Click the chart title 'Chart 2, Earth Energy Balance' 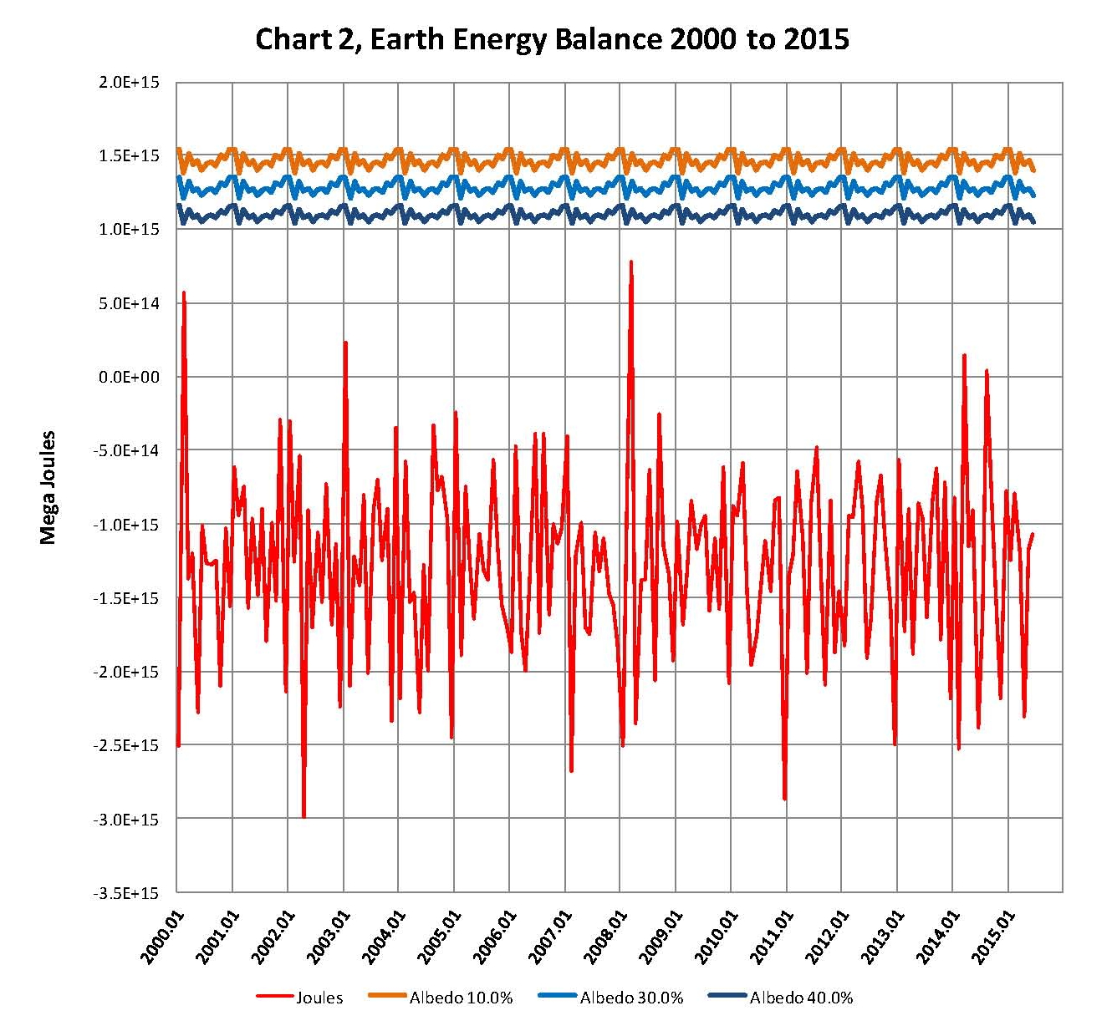[x=552, y=39]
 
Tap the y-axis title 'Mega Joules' [x=48, y=487]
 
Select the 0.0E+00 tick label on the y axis [x=129, y=377]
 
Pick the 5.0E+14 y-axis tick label [x=129, y=303]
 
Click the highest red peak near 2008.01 [x=631, y=262]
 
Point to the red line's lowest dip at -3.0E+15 [x=304, y=817]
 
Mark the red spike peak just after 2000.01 [x=184, y=292]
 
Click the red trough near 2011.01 [x=784, y=799]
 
